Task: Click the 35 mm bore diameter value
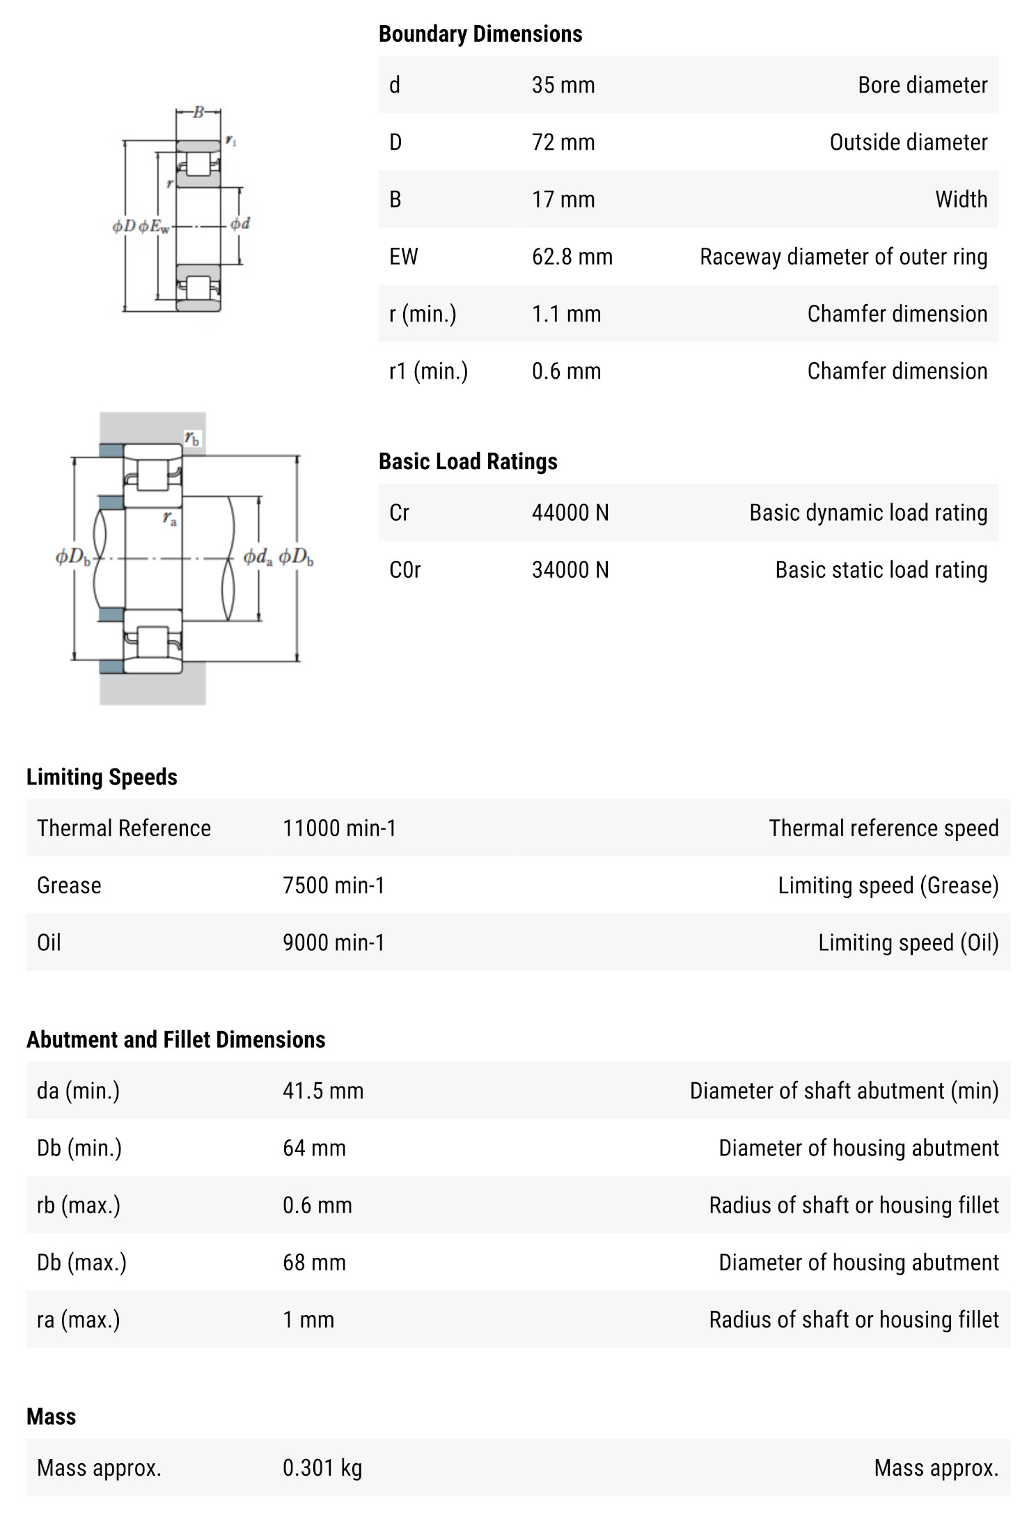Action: click(563, 85)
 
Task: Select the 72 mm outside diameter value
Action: click(563, 142)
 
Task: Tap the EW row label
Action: click(403, 257)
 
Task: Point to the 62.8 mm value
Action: click(572, 257)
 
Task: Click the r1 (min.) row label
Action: click(428, 371)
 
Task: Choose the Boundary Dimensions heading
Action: click(480, 33)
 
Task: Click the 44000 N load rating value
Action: click(570, 513)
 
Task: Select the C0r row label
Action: click(405, 570)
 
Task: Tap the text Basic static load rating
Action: click(881, 570)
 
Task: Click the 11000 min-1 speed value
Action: click(339, 828)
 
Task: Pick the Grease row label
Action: click(69, 885)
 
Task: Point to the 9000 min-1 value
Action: click(333, 943)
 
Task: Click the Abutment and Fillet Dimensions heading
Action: click(175, 1039)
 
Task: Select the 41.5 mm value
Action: click(322, 1091)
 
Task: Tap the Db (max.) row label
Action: click(81, 1262)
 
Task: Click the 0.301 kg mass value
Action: click(322, 1468)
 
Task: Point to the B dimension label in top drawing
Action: click(198, 112)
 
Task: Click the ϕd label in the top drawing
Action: click(240, 223)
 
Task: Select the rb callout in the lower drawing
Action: click(192, 438)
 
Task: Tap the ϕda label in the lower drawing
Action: click(258, 558)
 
